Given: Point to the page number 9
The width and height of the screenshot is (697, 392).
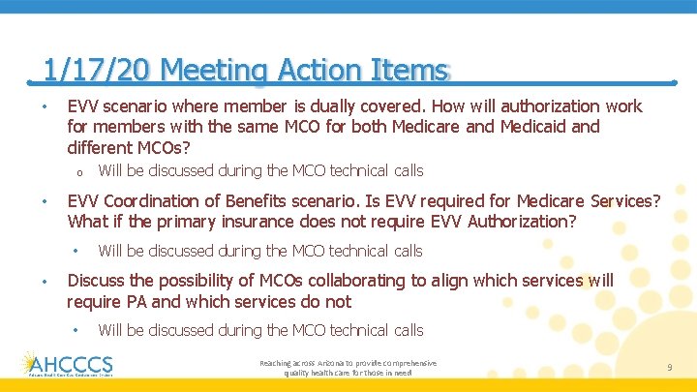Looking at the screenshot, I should click(x=669, y=367).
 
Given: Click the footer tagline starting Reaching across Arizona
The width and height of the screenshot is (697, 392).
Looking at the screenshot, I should click(x=348, y=367).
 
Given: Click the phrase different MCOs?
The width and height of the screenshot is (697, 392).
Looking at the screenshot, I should click(x=129, y=148).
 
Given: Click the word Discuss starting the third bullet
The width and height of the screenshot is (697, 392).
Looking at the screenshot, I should click(x=95, y=281).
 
